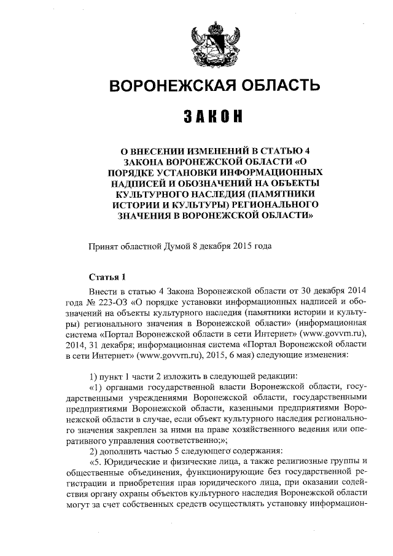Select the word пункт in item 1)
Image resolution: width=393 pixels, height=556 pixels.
click(114, 377)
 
